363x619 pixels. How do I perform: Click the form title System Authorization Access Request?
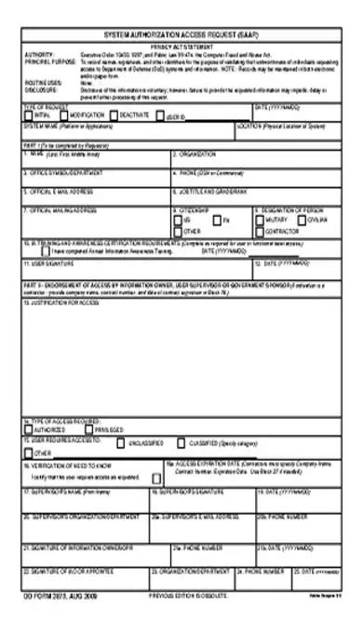click(181, 33)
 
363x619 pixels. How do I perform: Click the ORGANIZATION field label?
click(198, 153)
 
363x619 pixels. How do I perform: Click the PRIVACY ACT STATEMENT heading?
click(182, 44)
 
